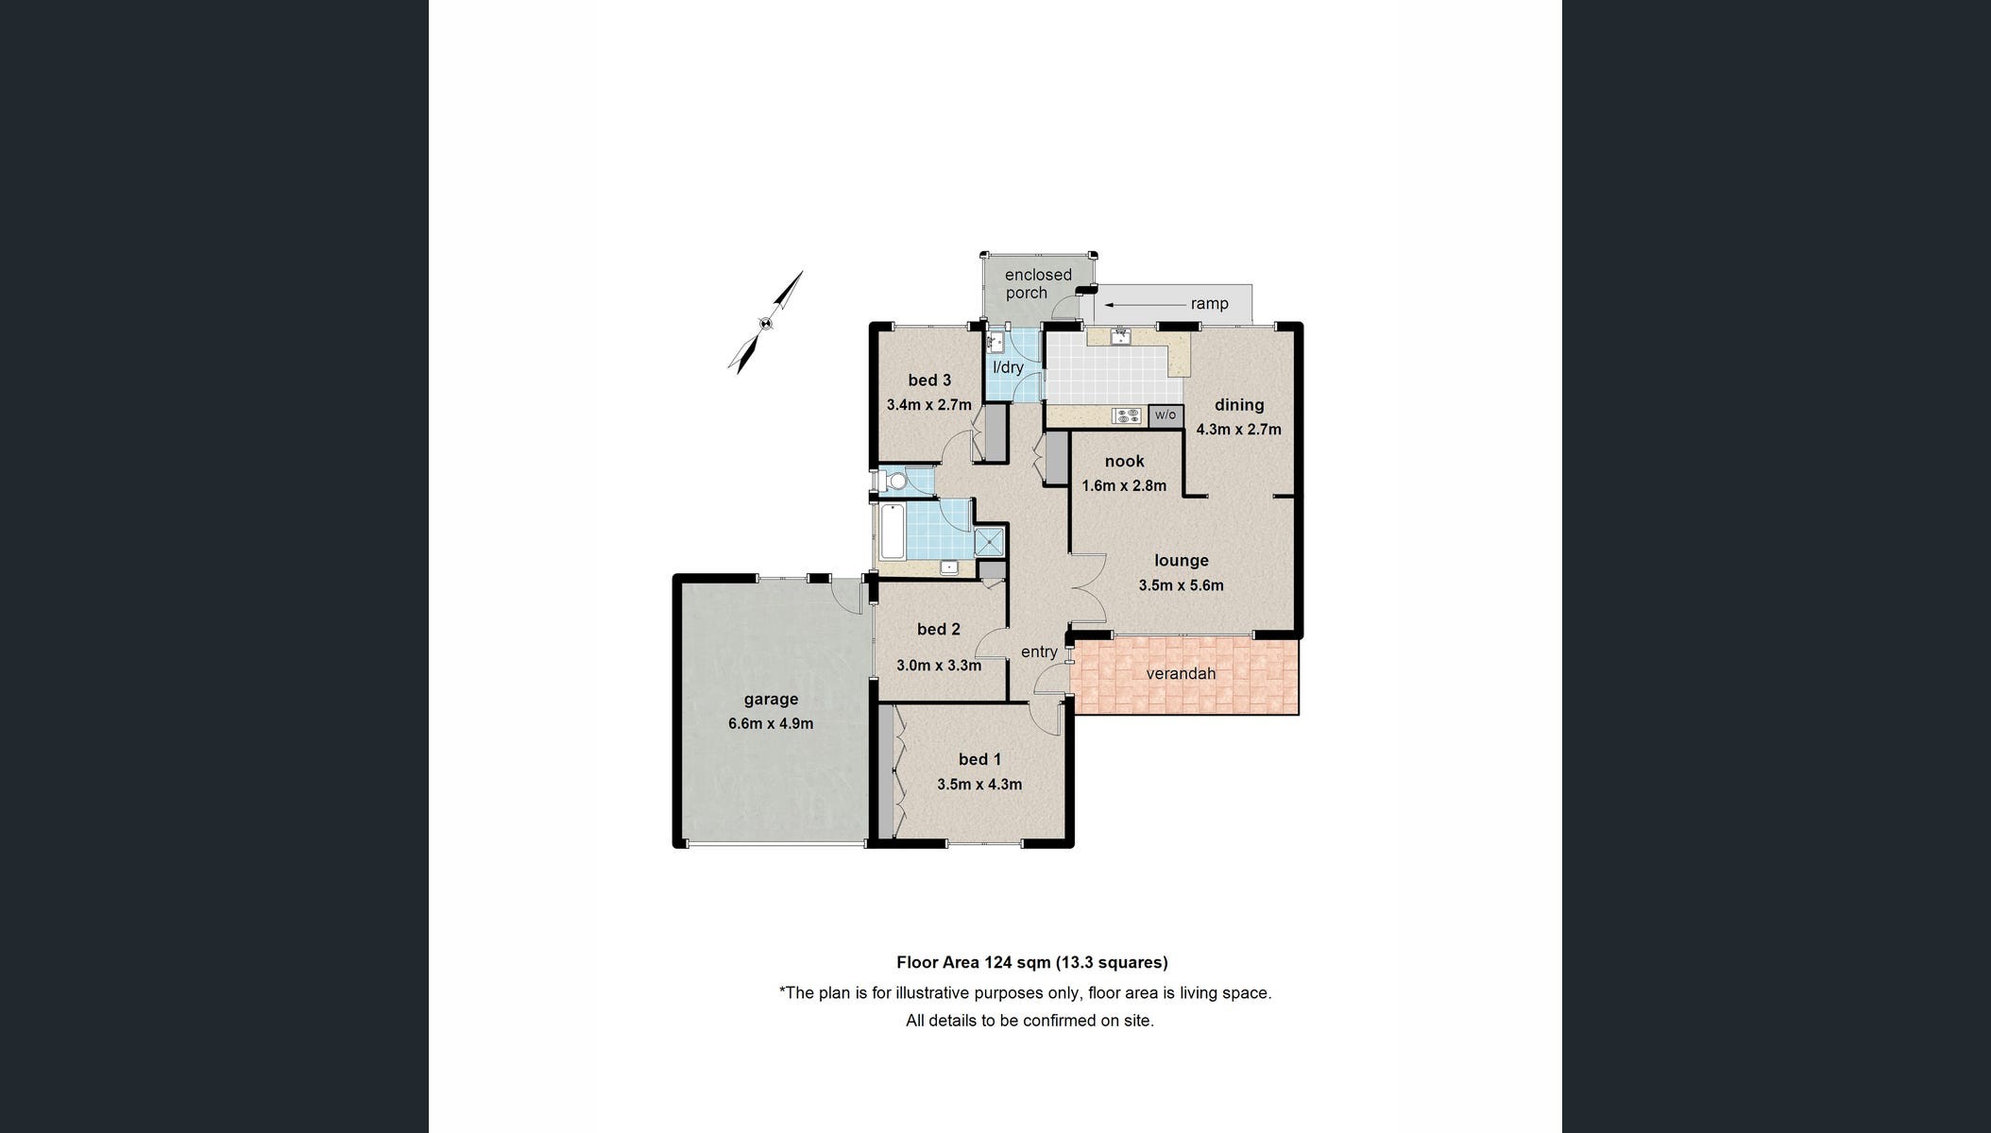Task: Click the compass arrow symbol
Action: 766,322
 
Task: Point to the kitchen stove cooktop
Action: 1128,414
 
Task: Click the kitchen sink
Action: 1120,336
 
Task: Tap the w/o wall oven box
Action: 1166,414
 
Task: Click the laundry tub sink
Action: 996,343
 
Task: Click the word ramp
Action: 1209,304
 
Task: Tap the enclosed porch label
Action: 1037,283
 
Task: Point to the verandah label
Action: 1181,673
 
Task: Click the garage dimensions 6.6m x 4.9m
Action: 771,724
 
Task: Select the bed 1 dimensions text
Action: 979,784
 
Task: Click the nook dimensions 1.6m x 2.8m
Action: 1124,486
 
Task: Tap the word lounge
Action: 1181,561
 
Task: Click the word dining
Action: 1239,405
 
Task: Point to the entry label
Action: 1039,651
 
